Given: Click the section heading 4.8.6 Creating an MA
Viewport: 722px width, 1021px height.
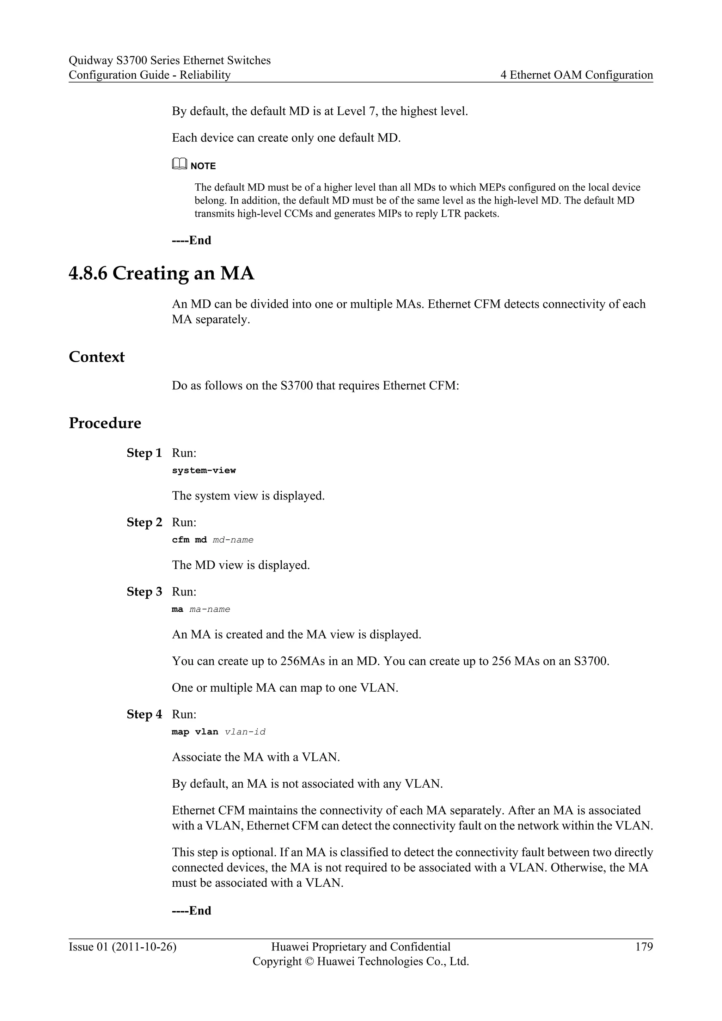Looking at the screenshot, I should (x=161, y=273).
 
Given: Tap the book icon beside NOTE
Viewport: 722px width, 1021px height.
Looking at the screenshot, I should (x=179, y=165).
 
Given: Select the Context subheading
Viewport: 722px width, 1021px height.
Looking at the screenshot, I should (x=97, y=357).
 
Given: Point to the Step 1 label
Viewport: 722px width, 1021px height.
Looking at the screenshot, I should (x=144, y=453).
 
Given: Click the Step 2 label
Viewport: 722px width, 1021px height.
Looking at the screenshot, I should (x=144, y=522).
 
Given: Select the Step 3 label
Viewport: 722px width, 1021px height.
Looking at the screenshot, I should (x=144, y=592).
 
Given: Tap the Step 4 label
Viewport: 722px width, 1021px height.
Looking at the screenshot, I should (x=144, y=715).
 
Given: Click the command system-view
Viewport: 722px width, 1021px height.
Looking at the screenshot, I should (x=204, y=470).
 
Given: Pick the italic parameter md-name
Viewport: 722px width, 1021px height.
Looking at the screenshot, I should (x=233, y=540).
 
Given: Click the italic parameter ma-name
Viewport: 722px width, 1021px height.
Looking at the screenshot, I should (x=209, y=609).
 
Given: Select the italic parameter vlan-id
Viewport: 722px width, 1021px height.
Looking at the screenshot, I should (x=245, y=732).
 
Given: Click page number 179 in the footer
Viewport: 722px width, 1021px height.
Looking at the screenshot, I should (x=644, y=947).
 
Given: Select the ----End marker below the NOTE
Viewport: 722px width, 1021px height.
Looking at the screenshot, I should (x=192, y=240).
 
